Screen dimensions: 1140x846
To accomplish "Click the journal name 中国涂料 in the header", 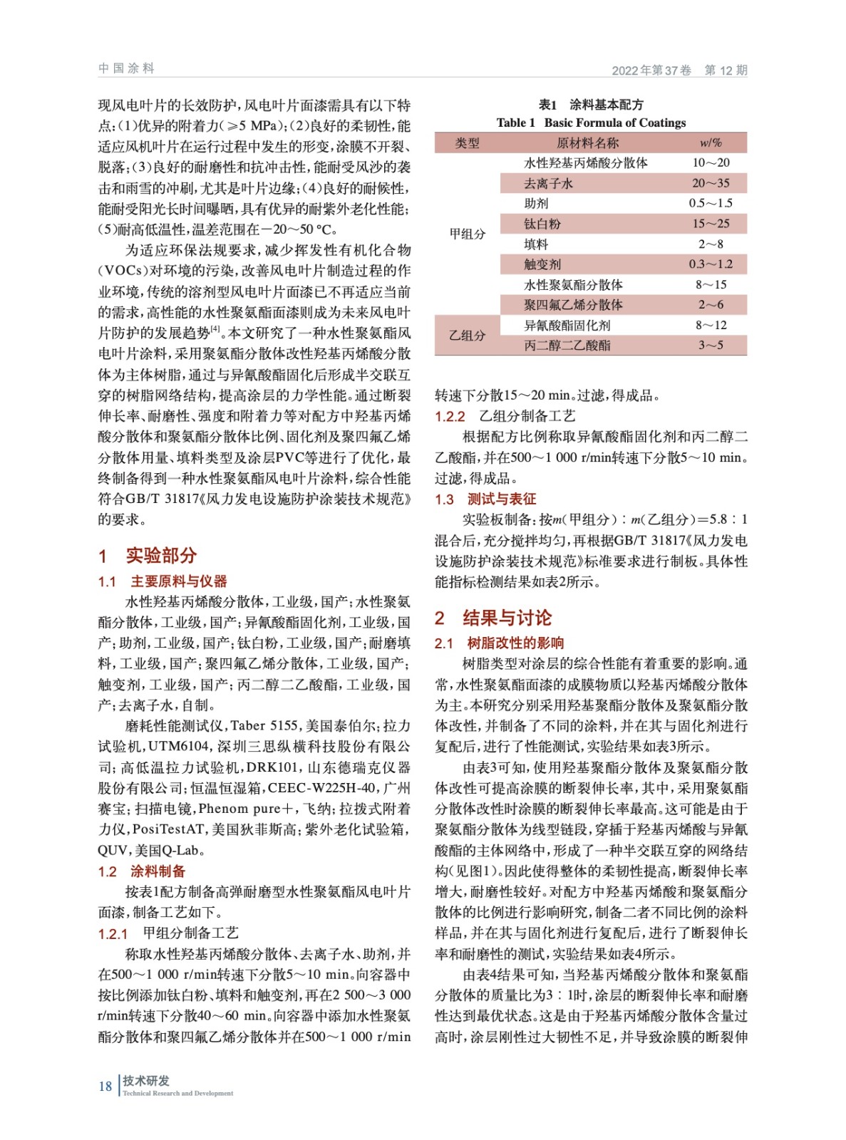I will click(x=126, y=68).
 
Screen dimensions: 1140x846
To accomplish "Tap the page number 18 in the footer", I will click(x=105, y=1086).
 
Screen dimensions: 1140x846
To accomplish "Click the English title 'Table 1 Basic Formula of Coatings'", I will click(x=591, y=123).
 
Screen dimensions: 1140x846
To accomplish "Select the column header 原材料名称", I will click(x=587, y=143).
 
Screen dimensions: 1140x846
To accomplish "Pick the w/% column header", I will click(x=711, y=143).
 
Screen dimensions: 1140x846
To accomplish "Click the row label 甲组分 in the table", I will click(x=468, y=234).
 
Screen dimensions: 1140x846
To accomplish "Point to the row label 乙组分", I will click(x=468, y=336).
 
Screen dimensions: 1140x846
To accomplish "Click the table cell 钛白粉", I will click(x=542, y=224).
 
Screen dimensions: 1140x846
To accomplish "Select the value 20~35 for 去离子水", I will click(x=711, y=183).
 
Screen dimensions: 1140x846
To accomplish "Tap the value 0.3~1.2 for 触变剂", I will click(x=711, y=264).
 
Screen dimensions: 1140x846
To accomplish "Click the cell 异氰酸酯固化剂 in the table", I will click(x=567, y=326).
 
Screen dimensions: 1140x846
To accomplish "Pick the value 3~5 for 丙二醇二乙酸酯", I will click(x=711, y=346).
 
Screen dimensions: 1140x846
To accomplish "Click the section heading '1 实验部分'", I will click(x=148, y=555).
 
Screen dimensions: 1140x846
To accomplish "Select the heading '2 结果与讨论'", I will click(x=493, y=618).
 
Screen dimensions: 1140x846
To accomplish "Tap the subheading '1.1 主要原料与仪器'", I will click(x=163, y=581).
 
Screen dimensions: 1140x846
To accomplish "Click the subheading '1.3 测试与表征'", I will click(x=485, y=499).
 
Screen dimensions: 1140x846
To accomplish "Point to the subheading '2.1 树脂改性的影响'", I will click(x=499, y=643).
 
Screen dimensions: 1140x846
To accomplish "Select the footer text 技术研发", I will click(x=146, y=1081).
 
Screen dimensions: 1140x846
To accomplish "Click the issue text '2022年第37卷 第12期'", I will click(x=679, y=70).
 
